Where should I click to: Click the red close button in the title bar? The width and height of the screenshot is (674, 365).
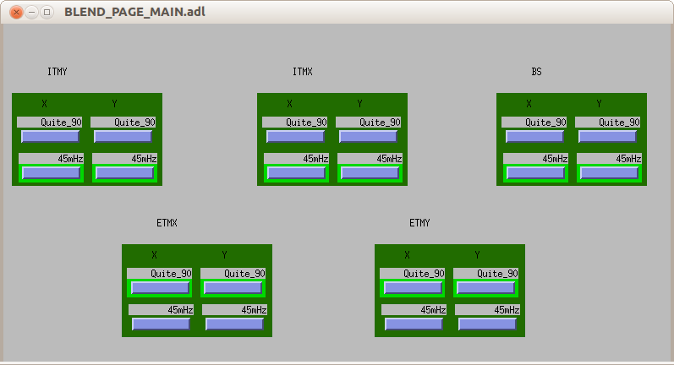tap(16, 12)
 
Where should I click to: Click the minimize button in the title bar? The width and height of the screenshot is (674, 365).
tap(32, 12)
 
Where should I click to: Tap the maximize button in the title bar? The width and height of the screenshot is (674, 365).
tap(47, 12)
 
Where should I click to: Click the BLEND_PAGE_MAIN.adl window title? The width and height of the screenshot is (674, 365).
tap(134, 12)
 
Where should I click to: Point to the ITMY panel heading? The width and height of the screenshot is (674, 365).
tap(58, 72)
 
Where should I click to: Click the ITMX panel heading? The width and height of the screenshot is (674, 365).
tap(303, 72)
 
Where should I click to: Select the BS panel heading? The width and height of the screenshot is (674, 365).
tap(536, 72)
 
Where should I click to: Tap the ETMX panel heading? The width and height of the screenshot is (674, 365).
tap(167, 223)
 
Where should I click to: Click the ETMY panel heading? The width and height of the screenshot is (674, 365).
tap(419, 223)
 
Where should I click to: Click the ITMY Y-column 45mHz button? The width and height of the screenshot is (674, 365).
tap(124, 173)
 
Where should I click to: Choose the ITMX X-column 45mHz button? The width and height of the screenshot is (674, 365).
tap(296, 173)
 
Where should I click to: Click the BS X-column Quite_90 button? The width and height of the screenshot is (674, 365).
tap(534, 137)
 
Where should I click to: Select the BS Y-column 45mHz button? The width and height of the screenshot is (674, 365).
tap(609, 173)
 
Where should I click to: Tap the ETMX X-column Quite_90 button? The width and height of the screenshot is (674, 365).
tap(161, 288)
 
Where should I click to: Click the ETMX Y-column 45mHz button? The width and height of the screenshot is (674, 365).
tap(234, 324)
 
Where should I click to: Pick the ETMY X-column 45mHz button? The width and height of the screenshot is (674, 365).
tap(414, 324)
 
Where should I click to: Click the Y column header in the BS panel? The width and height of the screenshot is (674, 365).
tap(600, 103)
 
